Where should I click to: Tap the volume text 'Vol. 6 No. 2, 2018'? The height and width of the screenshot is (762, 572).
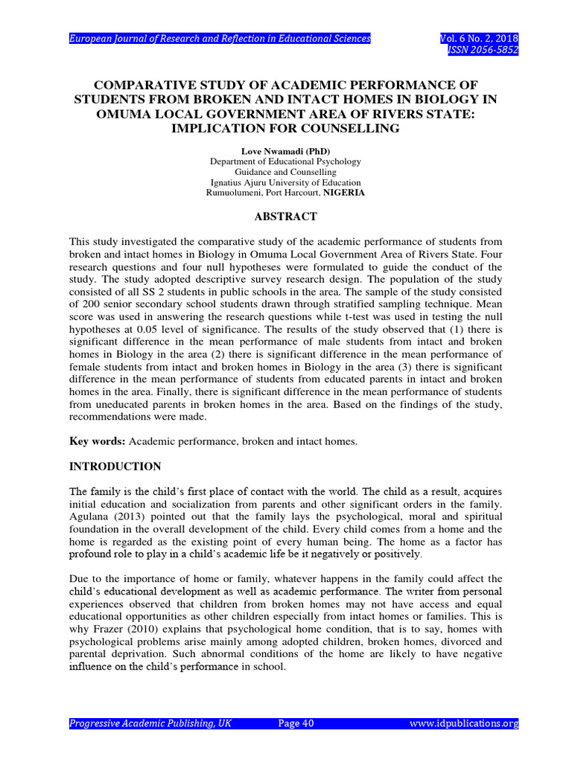pos(479,38)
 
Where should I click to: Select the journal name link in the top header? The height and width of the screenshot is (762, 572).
pos(220,38)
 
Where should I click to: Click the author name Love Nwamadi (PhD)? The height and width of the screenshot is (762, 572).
pos(285,150)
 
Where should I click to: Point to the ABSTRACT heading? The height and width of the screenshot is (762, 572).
pos(285,217)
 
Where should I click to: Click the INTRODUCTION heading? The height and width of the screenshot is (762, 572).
pos(115,467)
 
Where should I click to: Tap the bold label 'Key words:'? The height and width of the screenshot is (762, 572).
pos(98,441)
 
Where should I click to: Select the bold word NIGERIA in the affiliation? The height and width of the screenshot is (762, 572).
pos(344,193)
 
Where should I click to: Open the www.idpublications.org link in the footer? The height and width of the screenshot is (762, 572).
pos(464,723)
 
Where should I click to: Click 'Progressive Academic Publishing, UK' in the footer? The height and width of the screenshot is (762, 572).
pos(150,723)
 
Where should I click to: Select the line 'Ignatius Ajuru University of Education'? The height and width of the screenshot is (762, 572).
pos(285,182)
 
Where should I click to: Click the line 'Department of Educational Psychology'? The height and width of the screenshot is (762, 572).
pos(285,161)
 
